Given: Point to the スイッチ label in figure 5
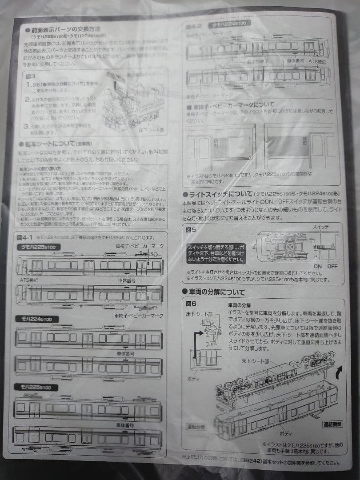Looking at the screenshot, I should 321,227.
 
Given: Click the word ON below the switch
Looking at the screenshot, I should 318,266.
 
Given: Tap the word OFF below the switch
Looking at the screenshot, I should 332,266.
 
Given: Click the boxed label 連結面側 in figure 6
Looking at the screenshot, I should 332,424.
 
